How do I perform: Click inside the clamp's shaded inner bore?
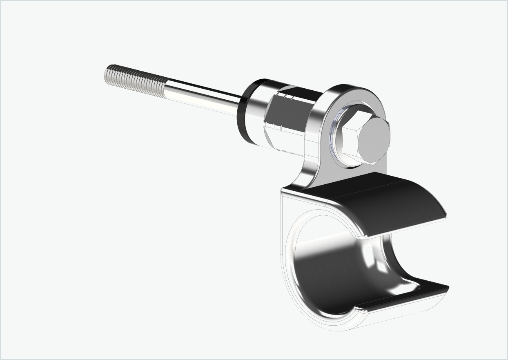335,270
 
